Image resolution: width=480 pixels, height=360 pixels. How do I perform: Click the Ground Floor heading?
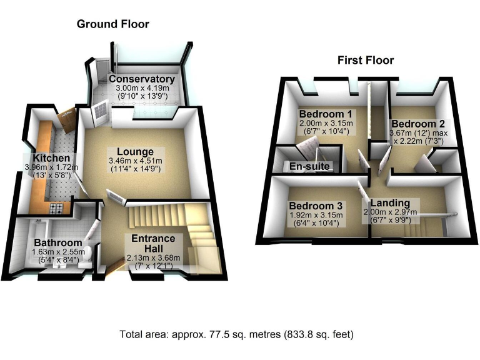click(112, 24)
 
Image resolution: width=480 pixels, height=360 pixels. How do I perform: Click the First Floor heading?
click(366, 61)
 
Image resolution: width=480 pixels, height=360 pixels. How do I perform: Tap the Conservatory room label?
click(141, 79)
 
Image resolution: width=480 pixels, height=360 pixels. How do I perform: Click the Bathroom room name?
click(58, 242)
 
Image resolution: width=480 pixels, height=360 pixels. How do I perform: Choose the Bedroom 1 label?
click(326, 114)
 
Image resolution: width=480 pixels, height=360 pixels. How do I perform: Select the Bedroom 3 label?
click(315, 206)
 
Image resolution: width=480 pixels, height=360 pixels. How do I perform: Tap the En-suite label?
click(308, 167)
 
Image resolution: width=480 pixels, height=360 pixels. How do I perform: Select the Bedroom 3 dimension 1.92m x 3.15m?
click(315, 216)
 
